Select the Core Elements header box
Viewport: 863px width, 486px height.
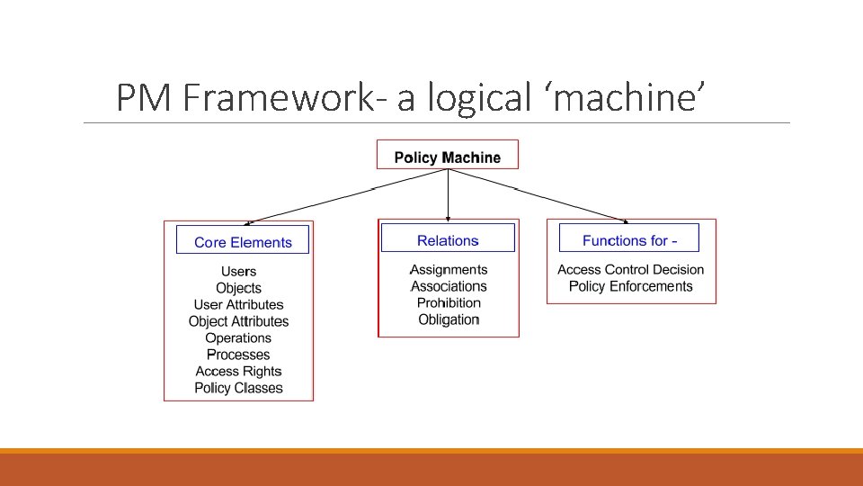243,240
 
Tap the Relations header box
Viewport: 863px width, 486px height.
448,239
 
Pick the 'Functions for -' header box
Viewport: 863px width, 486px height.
629,239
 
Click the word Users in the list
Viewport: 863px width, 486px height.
238,271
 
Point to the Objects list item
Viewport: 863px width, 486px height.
238,288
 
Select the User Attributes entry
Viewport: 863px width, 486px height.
238,304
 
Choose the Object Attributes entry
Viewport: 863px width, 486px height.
238,321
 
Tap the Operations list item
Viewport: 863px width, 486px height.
238,337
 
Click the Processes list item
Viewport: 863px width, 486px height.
238,355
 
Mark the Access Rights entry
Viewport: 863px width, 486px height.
238,371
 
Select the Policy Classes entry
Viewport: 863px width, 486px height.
238,388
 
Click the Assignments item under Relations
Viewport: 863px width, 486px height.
449,269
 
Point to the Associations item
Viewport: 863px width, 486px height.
449,286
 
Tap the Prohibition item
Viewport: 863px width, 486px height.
449,302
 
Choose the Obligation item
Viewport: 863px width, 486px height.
449,319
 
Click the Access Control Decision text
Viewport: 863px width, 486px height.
630,269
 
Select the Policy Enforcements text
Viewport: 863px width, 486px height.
630,286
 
